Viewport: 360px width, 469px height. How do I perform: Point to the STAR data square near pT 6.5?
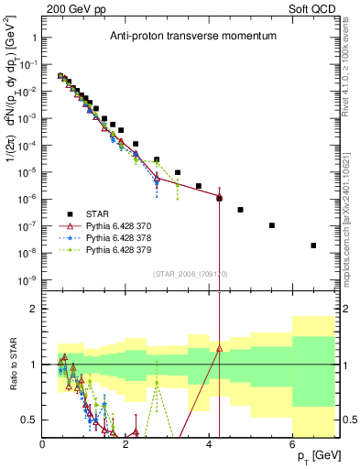313,245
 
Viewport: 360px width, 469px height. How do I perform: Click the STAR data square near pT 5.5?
272,225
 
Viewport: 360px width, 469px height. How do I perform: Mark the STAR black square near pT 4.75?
240,210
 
